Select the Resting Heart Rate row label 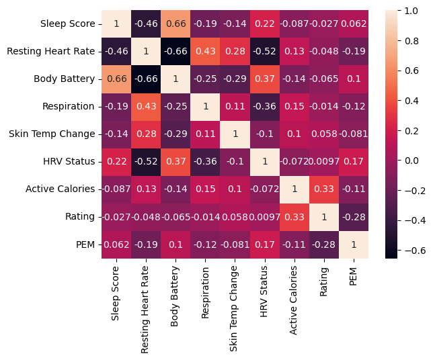(51, 51)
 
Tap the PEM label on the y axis (85, 244)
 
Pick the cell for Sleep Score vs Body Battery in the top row (175, 24)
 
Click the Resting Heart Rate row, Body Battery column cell (175, 51)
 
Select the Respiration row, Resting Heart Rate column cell (146, 106)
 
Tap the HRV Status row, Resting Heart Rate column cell (146, 161)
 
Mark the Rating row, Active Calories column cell (294, 216)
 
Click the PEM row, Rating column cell (323, 244)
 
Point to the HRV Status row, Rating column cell (323, 161)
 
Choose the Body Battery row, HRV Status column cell (264, 79)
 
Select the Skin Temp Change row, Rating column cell (323, 134)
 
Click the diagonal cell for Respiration (205, 106)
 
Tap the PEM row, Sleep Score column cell (116, 244)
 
